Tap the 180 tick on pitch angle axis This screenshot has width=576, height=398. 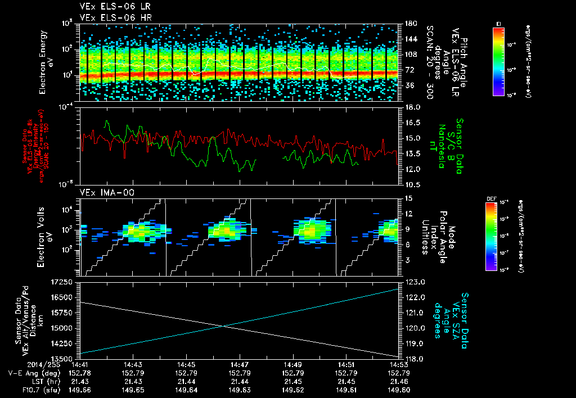point(410,24)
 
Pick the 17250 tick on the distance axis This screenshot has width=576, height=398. point(62,281)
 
